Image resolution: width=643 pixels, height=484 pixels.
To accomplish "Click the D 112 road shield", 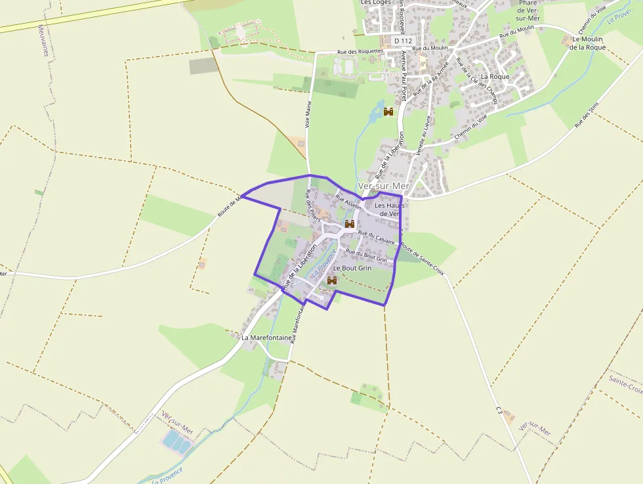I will pyautogui.click(x=403, y=41).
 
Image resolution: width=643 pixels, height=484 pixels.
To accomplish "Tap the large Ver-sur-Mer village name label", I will pyautogui.click(x=384, y=187).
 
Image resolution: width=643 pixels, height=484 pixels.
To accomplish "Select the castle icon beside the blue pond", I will pyautogui.click(x=388, y=112).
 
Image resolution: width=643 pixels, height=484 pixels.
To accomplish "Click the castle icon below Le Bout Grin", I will pyautogui.click(x=332, y=280).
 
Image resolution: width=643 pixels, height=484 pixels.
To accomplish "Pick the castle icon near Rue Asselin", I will pyautogui.click(x=350, y=224).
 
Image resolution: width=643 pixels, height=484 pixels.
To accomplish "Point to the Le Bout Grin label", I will pyautogui.click(x=352, y=268).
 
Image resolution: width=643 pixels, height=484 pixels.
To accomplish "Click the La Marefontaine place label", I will pyautogui.click(x=266, y=338).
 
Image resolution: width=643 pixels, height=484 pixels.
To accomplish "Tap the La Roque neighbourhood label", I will pyautogui.click(x=495, y=77).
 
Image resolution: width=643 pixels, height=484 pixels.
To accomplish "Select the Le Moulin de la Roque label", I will pyautogui.click(x=587, y=43).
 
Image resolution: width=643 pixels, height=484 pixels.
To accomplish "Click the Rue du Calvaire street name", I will pyautogui.click(x=376, y=238).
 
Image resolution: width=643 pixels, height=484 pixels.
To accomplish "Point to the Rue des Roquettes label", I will pyautogui.click(x=360, y=51).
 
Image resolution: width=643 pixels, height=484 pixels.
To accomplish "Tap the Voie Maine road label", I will pyautogui.click(x=308, y=114).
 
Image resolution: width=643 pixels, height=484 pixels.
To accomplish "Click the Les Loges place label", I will pyautogui.click(x=376, y=3).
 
